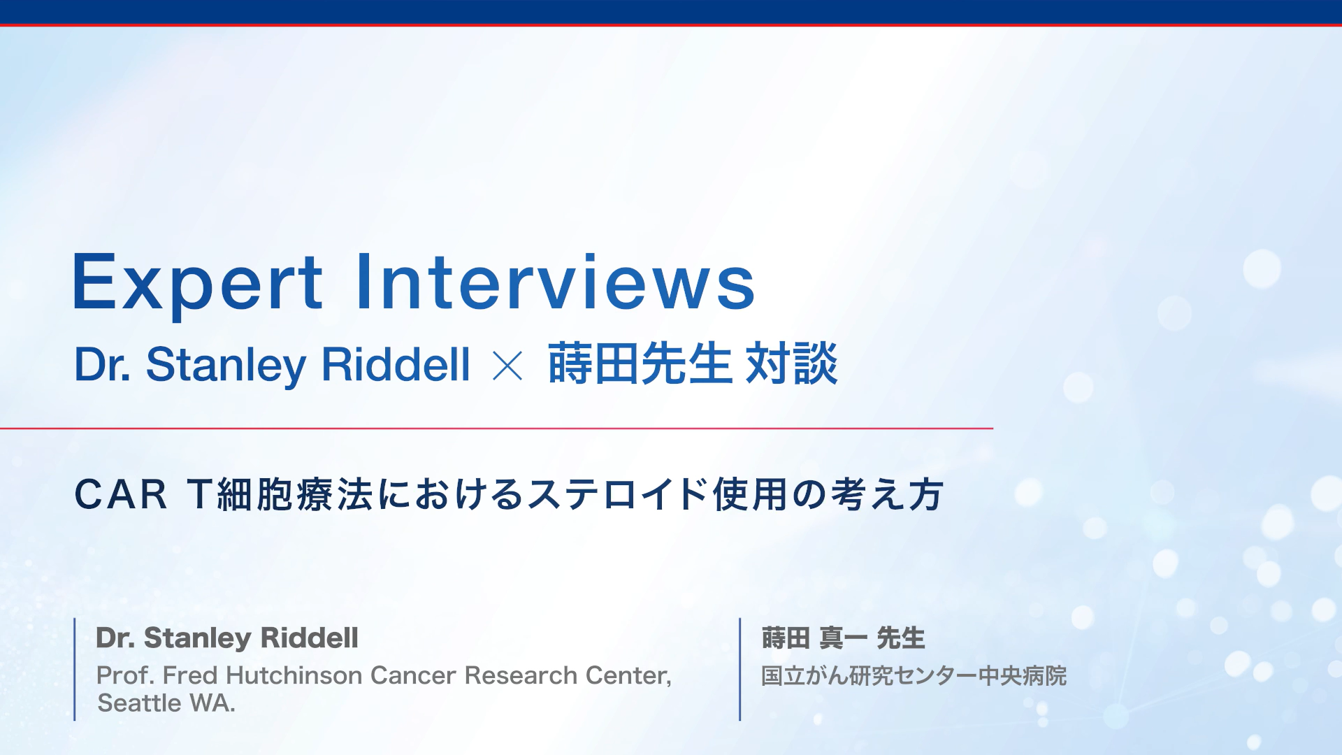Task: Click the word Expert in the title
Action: (x=198, y=283)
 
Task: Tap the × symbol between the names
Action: (x=507, y=366)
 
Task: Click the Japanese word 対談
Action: (x=791, y=364)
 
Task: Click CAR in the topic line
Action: (x=121, y=495)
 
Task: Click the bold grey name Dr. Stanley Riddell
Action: (x=227, y=638)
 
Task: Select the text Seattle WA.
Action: (x=166, y=703)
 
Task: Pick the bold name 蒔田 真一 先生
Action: (x=843, y=638)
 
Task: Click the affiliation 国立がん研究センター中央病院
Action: (x=914, y=676)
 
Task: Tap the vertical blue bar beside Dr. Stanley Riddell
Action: (x=75, y=669)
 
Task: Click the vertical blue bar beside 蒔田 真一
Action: (x=739, y=669)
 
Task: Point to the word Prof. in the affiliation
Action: (x=125, y=675)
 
